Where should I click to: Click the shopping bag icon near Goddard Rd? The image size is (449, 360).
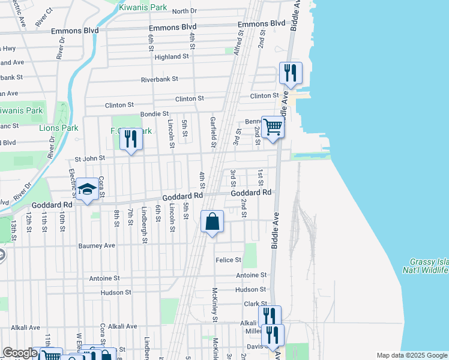click(x=212, y=221)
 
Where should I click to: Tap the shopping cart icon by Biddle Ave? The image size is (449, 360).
click(x=273, y=127)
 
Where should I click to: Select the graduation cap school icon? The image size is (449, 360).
click(x=88, y=190)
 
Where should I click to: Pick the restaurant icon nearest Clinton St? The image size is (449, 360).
click(x=291, y=73)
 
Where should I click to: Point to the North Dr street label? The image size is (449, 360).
click(x=184, y=11)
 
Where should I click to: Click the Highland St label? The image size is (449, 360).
click(x=172, y=56)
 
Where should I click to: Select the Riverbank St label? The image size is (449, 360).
click(x=160, y=79)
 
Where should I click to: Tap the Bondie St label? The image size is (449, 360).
click(x=154, y=113)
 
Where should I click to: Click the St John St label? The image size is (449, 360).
click(x=89, y=158)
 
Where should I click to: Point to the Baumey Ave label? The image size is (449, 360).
click(x=97, y=245)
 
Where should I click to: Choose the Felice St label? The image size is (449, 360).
click(x=228, y=260)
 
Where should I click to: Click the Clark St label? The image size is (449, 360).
click(x=255, y=304)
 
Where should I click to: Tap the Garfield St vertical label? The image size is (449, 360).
click(x=213, y=132)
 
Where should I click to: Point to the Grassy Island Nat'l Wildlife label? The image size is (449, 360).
click(x=429, y=266)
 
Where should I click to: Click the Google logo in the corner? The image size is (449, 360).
click(x=19, y=353)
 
